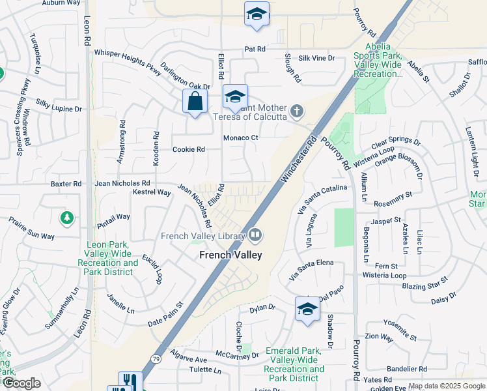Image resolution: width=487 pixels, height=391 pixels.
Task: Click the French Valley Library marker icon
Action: point(255,235)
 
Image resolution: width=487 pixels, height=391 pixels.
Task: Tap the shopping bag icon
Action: point(195,102)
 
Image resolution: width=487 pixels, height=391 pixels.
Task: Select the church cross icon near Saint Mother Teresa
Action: point(297,111)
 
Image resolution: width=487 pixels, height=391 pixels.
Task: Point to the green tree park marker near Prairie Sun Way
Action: point(66,218)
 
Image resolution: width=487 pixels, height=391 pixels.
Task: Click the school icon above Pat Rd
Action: point(257,14)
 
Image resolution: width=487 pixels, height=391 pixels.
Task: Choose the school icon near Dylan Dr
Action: point(307,309)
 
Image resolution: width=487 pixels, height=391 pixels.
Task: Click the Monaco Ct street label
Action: point(241,138)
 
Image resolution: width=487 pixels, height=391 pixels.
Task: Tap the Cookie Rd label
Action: point(189,149)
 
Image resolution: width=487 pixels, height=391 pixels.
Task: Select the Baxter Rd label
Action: point(66,184)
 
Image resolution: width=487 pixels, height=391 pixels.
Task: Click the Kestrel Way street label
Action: point(151,193)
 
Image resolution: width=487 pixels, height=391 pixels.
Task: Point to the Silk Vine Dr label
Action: point(316,58)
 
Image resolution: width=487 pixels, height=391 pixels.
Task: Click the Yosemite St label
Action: point(400,330)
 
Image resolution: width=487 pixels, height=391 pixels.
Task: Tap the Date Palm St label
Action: point(165,313)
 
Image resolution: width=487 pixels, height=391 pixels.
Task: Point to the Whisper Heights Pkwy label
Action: point(127,59)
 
